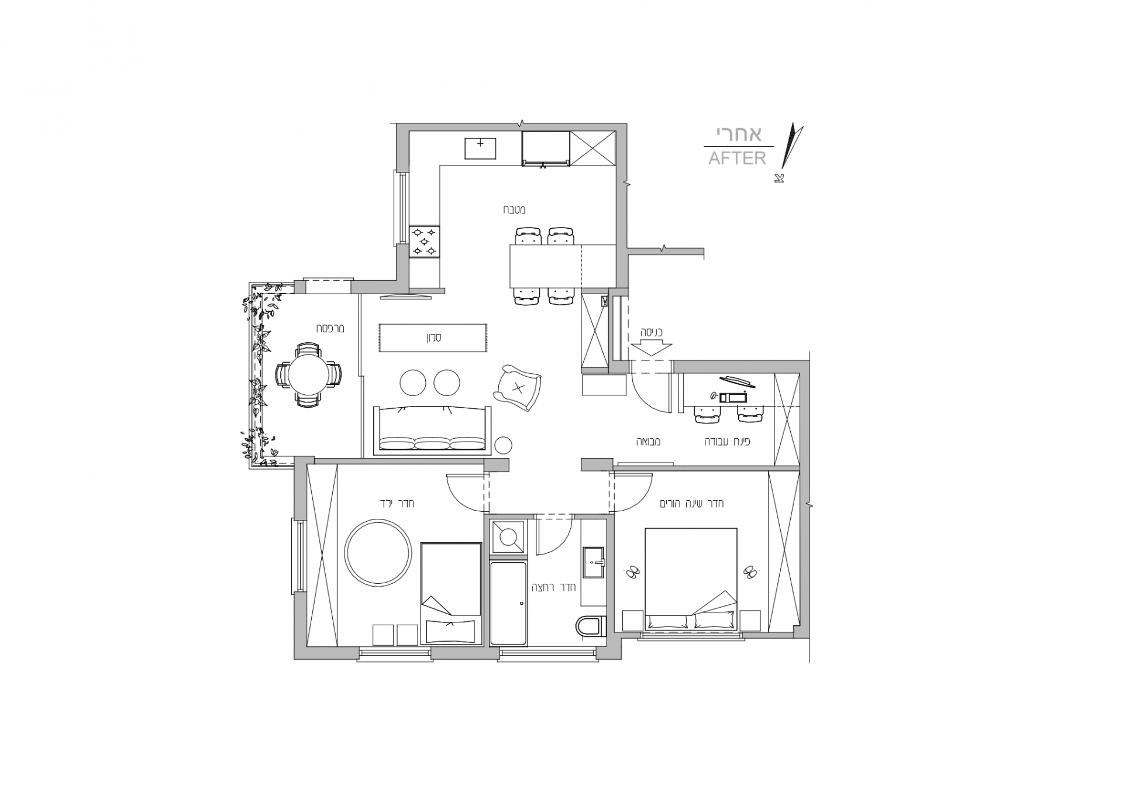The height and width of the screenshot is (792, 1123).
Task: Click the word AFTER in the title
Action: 737,158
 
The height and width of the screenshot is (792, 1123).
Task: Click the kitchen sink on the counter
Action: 480,149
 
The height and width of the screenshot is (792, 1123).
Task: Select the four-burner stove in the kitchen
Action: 425,242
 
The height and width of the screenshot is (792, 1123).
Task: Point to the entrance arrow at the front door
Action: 651,347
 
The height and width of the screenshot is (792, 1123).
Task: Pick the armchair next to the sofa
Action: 518,387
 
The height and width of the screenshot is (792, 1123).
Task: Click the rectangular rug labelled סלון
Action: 433,338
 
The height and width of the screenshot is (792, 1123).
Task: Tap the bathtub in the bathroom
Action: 509,602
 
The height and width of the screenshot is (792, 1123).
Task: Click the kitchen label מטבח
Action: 515,209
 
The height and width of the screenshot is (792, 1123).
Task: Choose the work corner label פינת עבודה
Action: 728,442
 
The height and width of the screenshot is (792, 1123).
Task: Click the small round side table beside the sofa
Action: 503,445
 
